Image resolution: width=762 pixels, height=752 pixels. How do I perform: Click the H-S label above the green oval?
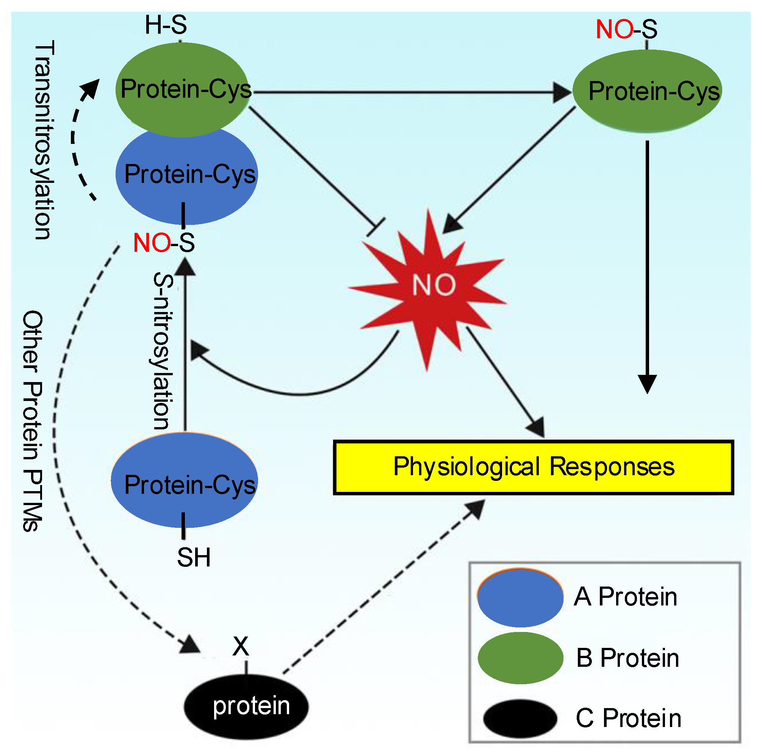[x=166, y=25]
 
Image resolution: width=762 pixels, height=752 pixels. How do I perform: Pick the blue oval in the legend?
[x=520, y=598]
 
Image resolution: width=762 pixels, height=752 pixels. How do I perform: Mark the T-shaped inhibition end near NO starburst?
[x=376, y=228]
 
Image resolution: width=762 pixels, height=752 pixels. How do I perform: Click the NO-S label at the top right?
[x=626, y=29]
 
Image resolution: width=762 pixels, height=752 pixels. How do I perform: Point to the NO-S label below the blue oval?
[x=164, y=242]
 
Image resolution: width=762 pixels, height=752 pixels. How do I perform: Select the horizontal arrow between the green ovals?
[x=410, y=92]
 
